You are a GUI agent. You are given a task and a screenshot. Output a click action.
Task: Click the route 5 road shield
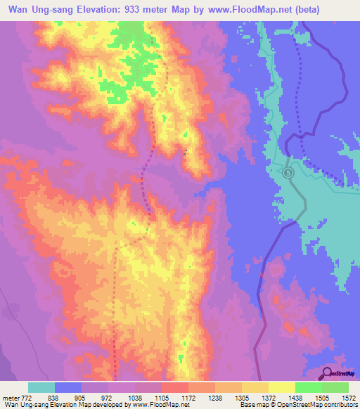288,172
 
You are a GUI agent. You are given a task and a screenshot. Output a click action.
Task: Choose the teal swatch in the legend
41,387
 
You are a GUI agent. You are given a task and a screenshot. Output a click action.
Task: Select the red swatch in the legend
174,387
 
